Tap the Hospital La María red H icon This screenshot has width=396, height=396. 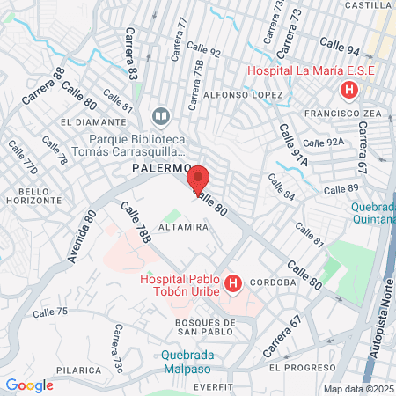point(350,91)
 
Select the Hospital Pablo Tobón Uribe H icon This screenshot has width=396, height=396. point(233,283)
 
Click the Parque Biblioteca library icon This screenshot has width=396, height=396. point(161,115)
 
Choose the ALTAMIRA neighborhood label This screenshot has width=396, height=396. point(183,227)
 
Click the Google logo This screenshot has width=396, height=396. point(29,385)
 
